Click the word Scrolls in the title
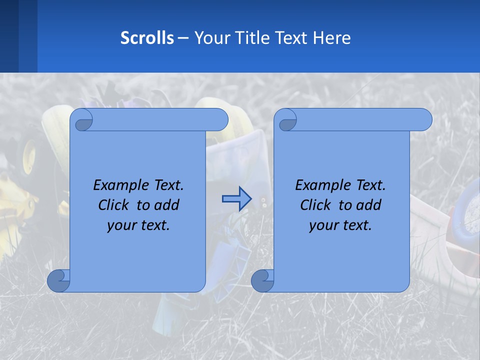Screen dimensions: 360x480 tap(147, 38)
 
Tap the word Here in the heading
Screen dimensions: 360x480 tap(332, 38)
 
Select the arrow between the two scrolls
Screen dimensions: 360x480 tap(236, 199)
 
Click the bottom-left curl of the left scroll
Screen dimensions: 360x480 tap(58, 280)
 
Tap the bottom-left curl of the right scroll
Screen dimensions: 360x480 tap(262, 280)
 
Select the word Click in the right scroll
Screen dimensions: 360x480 tap(316, 205)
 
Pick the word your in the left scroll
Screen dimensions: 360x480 tap(120, 225)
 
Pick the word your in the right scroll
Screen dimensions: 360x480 tap(322, 225)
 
